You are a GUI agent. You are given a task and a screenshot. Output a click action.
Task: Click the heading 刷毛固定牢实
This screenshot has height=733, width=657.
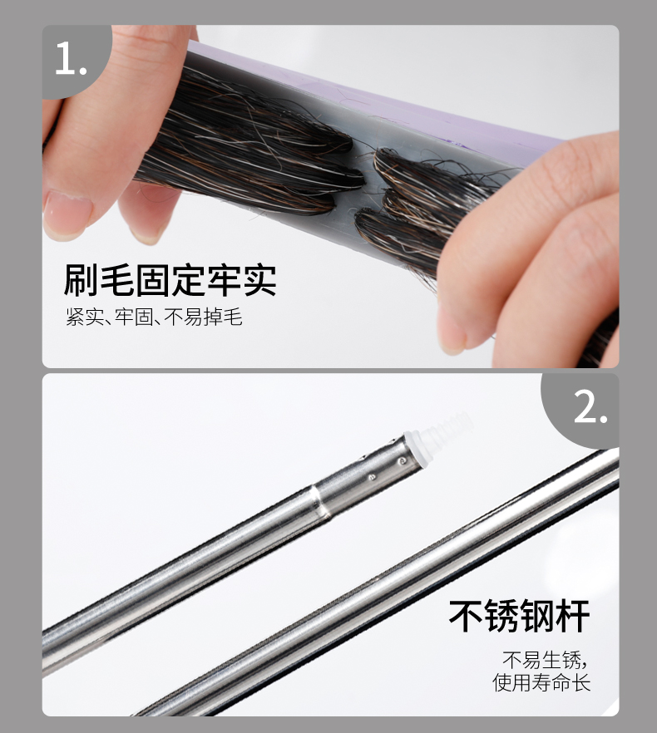pos(170,280)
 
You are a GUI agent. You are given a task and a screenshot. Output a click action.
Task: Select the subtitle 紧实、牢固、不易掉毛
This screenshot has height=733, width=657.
pos(154,317)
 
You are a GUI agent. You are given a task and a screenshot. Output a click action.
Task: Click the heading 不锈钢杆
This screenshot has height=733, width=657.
pos(519,616)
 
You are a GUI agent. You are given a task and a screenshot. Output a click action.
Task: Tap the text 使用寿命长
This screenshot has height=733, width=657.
pos(541,682)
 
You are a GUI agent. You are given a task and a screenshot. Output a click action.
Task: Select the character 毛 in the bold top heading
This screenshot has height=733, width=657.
pos(117,280)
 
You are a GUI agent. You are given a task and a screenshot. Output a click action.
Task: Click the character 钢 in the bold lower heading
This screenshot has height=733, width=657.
pos(536,616)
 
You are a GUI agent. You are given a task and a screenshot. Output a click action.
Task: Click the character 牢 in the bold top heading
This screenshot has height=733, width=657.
pos(224,280)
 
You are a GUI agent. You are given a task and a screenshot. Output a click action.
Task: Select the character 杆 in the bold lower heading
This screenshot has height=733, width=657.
pos(573,616)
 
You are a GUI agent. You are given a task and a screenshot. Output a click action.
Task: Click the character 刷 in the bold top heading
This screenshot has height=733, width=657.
pos(81,280)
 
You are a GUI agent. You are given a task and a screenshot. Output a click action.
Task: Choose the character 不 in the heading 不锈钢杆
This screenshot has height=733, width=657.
pos(466,616)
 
